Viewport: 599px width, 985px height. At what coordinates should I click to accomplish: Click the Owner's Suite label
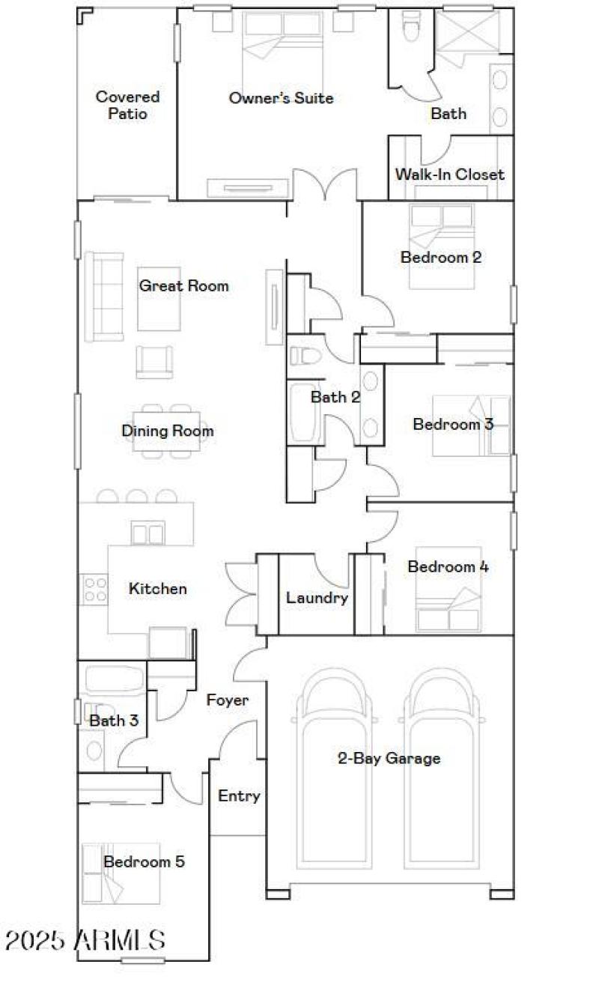pyautogui.click(x=281, y=98)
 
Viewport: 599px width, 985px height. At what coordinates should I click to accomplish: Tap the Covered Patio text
pyautogui.click(x=127, y=106)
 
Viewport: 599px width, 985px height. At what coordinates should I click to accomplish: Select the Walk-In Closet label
pyautogui.click(x=449, y=175)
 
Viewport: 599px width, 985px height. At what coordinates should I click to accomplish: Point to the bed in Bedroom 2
pyautogui.click(x=442, y=246)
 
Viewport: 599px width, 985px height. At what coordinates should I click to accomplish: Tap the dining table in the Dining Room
pyautogui.click(x=167, y=431)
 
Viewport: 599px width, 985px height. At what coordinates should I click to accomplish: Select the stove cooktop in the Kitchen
pyautogui.click(x=94, y=589)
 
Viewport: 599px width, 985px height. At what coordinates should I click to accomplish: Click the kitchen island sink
pyautogui.click(x=147, y=533)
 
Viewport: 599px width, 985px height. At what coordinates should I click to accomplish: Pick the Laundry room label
pyautogui.click(x=317, y=598)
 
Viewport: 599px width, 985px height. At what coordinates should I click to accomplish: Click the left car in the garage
pyautogui.click(x=333, y=768)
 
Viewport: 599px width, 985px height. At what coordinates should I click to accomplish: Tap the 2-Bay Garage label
pyautogui.click(x=389, y=758)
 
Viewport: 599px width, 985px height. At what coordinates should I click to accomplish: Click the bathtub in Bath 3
pyautogui.click(x=112, y=679)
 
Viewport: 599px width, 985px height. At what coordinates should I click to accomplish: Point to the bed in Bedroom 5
pyautogui.click(x=121, y=873)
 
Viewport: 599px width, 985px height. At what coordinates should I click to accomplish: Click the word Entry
pyautogui.click(x=239, y=795)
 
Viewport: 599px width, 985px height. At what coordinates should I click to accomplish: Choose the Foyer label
pyautogui.click(x=228, y=700)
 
